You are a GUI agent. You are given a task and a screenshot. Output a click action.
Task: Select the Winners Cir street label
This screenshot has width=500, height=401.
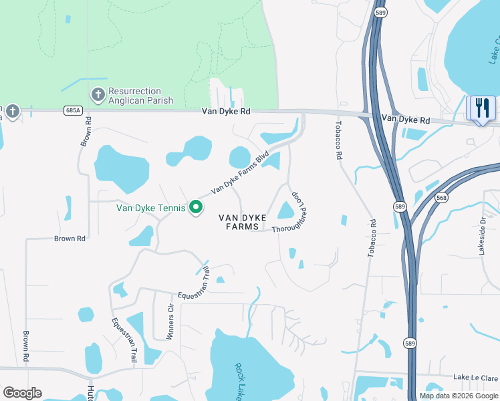coord(170,322)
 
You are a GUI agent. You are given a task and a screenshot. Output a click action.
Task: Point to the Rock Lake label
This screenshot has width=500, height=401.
coord(240,381)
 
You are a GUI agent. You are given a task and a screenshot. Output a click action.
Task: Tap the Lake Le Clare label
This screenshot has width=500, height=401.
coord(475,378)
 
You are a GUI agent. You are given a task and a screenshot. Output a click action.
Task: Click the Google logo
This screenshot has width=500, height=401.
coord(22,393)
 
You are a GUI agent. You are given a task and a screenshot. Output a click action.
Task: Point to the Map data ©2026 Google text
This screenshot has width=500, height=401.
coord(459,396)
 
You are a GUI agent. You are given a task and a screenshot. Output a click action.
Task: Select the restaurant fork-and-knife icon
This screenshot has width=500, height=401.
coord(482,108)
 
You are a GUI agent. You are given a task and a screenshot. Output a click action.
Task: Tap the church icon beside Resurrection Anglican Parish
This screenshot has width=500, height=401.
coord(98,95)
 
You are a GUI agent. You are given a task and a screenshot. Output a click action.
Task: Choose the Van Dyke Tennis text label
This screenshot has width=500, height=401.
coord(151,207)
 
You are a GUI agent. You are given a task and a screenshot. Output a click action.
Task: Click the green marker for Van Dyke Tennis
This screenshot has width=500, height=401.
coord(196,208)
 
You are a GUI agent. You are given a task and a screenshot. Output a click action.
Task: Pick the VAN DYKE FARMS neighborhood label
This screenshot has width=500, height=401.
coord(242,222)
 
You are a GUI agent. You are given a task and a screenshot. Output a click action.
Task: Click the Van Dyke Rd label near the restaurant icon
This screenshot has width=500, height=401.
coord(406,120)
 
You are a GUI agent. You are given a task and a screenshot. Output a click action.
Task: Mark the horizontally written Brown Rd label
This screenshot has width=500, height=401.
coord(70,238)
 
